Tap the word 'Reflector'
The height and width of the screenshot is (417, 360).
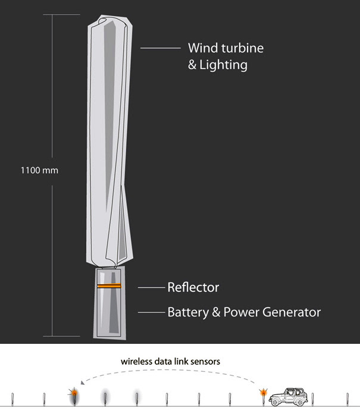(193, 288)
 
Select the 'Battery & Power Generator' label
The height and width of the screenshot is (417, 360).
(244, 312)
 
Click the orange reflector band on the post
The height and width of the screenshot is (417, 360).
(109, 286)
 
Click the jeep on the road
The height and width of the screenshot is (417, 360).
(288, 397)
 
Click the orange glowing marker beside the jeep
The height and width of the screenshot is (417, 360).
(262, 393)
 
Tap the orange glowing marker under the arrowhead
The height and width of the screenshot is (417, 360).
(74, 393)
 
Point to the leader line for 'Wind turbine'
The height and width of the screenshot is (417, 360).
(159, 48)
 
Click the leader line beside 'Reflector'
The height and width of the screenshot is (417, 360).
(151, 288)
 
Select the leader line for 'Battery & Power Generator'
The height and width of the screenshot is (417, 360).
(151, 312)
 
